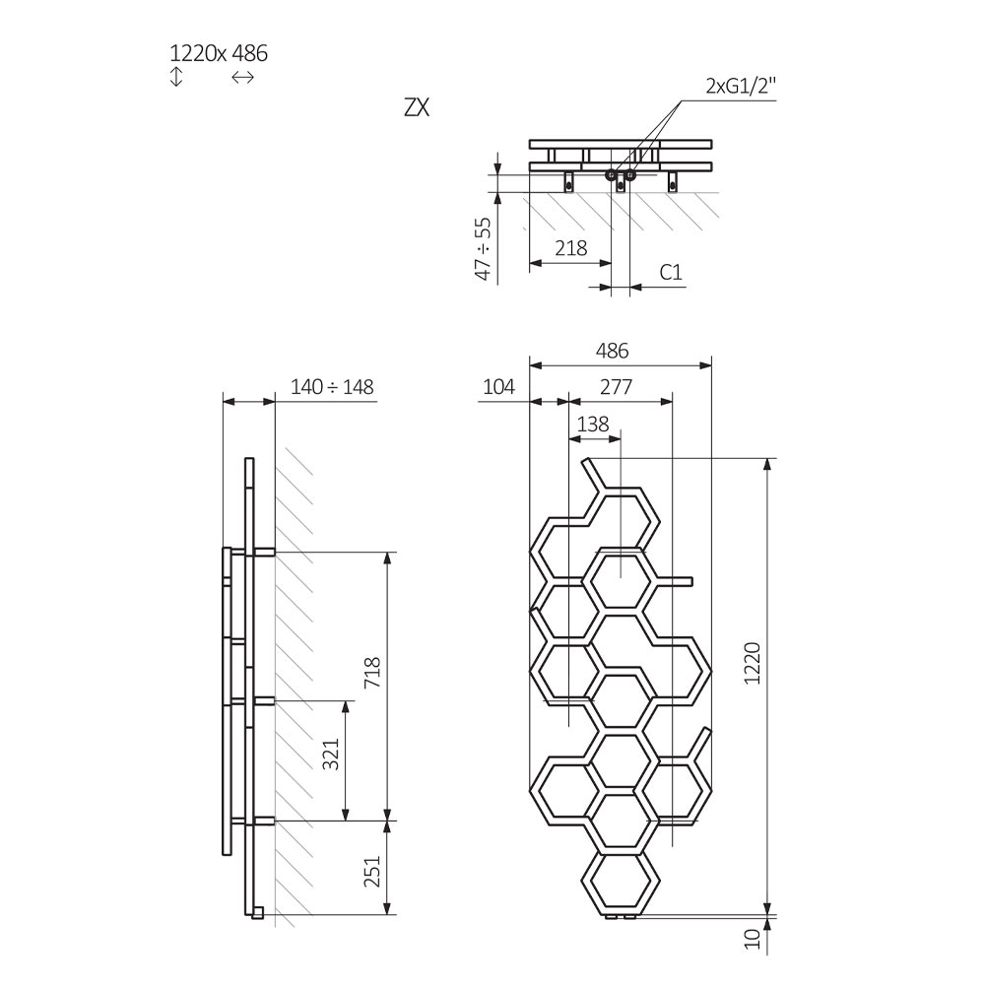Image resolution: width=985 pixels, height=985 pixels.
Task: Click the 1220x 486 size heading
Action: coord(219,53)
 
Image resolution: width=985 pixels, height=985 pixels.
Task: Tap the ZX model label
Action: coord(417,108)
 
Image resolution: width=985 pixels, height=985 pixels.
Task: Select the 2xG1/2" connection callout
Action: coord(742,86)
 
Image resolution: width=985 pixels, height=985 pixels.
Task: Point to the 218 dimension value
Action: coord(571,248)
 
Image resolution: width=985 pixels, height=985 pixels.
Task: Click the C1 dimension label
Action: coord(671,272)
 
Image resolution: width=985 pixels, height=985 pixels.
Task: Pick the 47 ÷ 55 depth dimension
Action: coord(483,249)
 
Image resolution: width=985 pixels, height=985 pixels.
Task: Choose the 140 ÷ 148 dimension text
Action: coord(332,387)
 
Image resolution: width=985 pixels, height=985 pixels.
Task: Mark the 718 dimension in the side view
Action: coord(372,672)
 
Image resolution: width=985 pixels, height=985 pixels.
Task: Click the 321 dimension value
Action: coord(330,754)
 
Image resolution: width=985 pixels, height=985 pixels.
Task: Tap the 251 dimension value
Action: coord(372,872)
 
